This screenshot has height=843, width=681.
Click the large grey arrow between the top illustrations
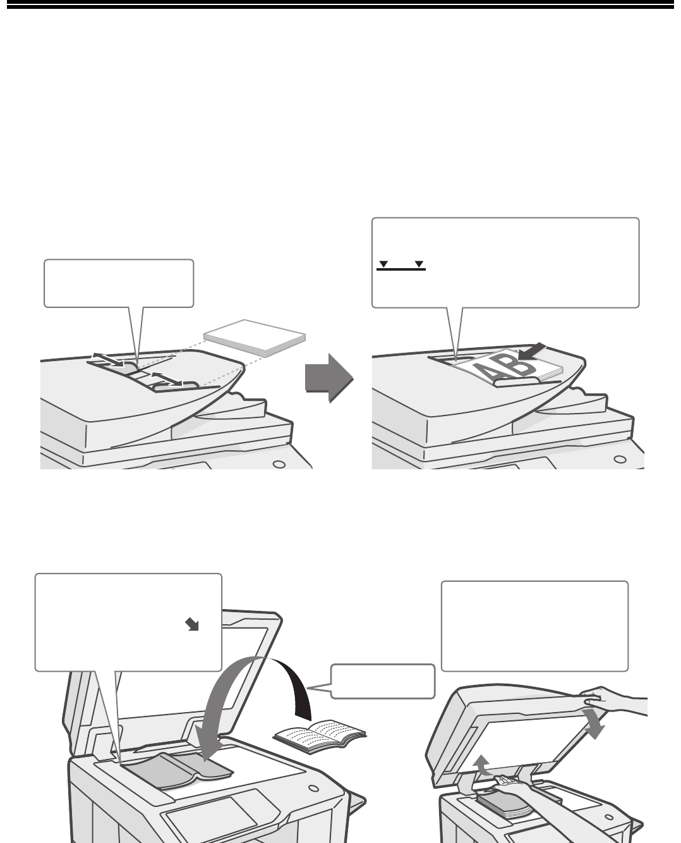tap(329, 378)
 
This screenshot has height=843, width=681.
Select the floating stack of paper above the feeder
tap(255, 338)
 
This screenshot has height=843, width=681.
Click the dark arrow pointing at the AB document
tap(532, 352)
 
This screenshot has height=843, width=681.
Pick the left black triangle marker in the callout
tap(383, 264)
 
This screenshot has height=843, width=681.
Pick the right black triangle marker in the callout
tap(419, 264)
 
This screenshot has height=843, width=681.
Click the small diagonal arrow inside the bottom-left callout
tap(192, 625)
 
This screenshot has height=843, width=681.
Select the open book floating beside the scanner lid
tap(320, 736)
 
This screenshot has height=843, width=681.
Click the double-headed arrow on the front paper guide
tap(167, 378)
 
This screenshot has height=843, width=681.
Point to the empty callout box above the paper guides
tap(119, 283)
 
